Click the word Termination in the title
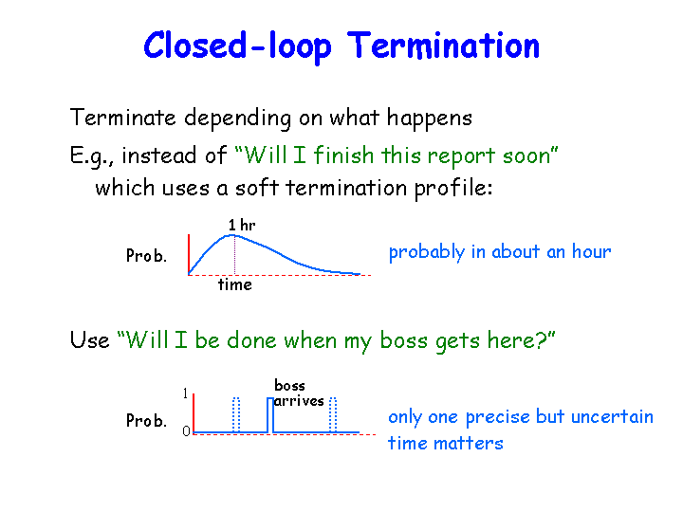coord(443,46)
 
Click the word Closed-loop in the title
coord(237,46)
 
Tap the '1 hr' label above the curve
coord(242,225)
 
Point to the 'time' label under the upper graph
coord(235,284)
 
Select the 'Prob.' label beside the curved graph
coord(146,255)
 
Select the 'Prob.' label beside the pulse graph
coord(146,421)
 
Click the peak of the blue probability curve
coord(232,235)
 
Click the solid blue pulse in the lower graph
coord(270,415)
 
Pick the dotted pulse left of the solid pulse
coord(236,415)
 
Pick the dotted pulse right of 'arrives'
coord(333,415)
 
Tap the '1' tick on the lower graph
coord(186,393)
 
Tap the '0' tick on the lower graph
coord(187,431)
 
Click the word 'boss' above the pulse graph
coord(289,385)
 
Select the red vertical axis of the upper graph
coord(189,255)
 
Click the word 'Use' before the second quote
coord(89,340)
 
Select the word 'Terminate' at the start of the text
coord(122,118)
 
